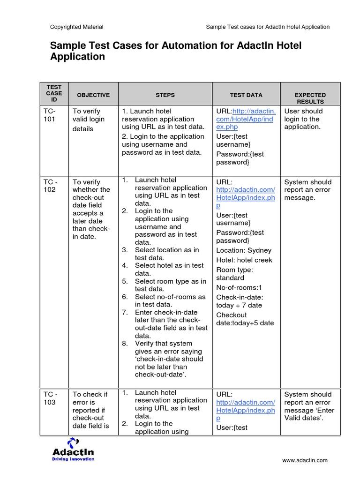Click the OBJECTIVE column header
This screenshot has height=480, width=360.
click(93, 95)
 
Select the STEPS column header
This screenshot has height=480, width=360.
click(165, 95)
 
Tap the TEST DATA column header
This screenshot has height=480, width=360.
click(246, 95)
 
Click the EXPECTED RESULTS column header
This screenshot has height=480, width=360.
click(310, 98)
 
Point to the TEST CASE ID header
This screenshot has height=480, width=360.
click(54, 94)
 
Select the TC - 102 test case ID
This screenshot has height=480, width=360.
click(51, 186)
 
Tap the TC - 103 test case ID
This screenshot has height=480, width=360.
click(51, 398)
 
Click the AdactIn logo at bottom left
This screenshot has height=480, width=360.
click(73, 450)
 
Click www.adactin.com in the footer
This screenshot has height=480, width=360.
click(305, 461)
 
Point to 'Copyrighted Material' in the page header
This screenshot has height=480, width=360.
click(77, 27)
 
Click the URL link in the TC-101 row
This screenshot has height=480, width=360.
click(246, 119)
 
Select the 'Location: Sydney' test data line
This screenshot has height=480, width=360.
click(244, 250)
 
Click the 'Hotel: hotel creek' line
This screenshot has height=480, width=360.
click(244, 260)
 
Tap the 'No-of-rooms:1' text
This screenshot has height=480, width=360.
click(239, 288)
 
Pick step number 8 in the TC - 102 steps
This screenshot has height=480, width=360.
click(125, 343)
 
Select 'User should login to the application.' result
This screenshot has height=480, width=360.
click(303, 119)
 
